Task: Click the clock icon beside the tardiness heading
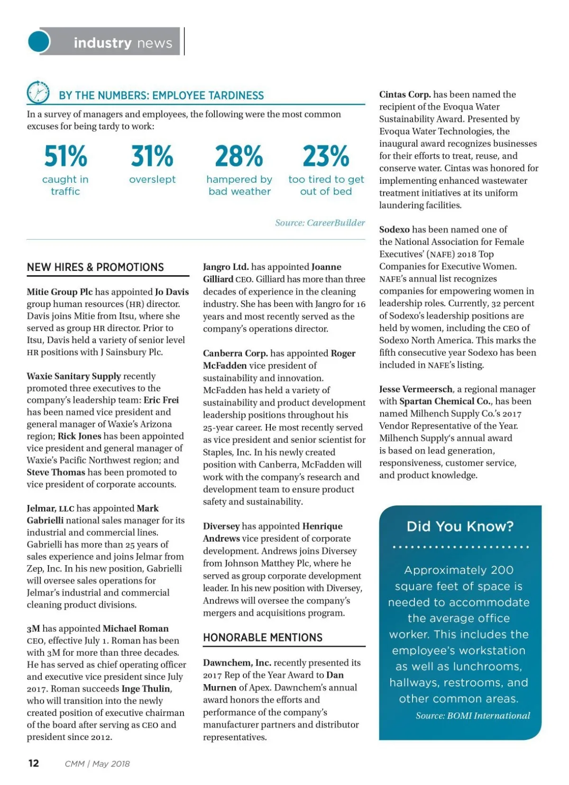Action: pos(38,92)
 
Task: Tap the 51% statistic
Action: pos(65,156)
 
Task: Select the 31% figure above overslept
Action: pos(152,156)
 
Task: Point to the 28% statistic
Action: pos(239,156)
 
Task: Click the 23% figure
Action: pos(326,156)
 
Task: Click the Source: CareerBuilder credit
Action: pos(320,223)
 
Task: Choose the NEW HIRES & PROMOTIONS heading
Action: pos(95,267)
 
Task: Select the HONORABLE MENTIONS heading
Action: pos(263,638)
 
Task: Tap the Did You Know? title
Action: pos(460,526)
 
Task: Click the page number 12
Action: pos(34,763)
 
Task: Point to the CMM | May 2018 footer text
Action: pos(97,764)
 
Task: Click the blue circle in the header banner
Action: pos(39,42)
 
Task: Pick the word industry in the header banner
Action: pos(102,43)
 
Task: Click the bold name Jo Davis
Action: pos(172,292)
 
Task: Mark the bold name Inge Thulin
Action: pos(146,688)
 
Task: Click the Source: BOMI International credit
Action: pos(473,715)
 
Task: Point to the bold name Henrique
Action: pos(322,526)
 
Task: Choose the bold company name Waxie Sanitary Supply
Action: pos(74,376)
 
